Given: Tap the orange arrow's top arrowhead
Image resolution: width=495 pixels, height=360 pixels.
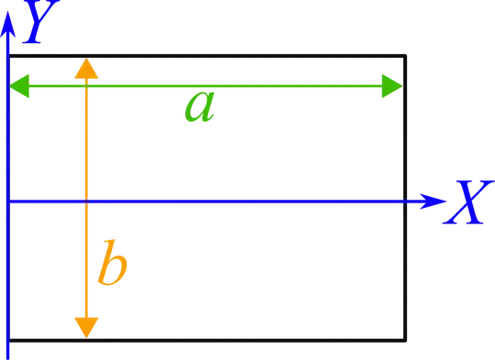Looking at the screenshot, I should (85, 69).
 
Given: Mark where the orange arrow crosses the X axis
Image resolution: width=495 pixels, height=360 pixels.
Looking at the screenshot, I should (85, 201).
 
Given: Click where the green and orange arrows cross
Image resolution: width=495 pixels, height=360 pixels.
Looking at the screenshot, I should (85, 87).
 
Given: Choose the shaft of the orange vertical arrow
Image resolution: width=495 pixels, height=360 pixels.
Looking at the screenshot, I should (85, 147).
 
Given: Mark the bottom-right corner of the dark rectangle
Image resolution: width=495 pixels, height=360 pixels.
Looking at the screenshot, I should (404, 341).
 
